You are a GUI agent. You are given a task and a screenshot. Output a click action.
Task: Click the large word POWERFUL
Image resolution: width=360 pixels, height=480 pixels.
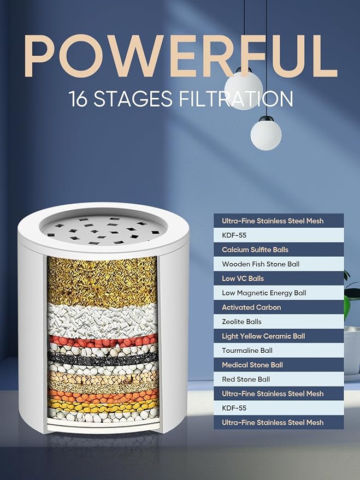(x=181, y=56)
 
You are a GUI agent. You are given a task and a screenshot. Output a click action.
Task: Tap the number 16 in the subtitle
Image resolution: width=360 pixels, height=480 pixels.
(x=79, y=99)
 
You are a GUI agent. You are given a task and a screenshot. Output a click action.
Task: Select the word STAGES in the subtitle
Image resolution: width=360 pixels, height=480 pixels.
(x=133, y=99)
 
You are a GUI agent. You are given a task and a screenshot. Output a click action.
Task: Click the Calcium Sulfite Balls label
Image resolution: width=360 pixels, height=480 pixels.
(x=255, y=250)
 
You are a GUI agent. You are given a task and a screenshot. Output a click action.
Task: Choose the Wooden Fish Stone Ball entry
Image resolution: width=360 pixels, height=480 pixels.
(x=261, y=264)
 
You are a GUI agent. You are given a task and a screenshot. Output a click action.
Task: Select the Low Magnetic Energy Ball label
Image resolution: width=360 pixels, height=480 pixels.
(x=264, y=293)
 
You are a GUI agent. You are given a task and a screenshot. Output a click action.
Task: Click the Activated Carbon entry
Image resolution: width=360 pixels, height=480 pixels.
(x=251, y=307)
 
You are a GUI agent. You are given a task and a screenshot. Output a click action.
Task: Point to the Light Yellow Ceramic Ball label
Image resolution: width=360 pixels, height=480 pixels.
(x=263, y=336)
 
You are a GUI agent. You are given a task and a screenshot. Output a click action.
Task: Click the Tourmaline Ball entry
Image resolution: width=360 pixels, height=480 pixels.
(x=247, y=351)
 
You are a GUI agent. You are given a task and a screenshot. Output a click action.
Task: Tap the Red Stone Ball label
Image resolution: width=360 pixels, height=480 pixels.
(x=246, y=380)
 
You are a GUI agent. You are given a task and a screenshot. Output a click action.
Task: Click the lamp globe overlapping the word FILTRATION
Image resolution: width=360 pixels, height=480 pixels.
(x=244, y=89)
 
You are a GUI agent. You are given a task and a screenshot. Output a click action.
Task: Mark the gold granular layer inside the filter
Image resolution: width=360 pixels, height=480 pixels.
(x=103, y=281)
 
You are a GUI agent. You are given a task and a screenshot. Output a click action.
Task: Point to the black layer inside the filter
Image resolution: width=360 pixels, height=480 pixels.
(x=103, y=359)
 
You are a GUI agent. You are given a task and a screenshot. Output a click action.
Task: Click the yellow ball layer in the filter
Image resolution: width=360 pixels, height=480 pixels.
(x=103, y=405)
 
